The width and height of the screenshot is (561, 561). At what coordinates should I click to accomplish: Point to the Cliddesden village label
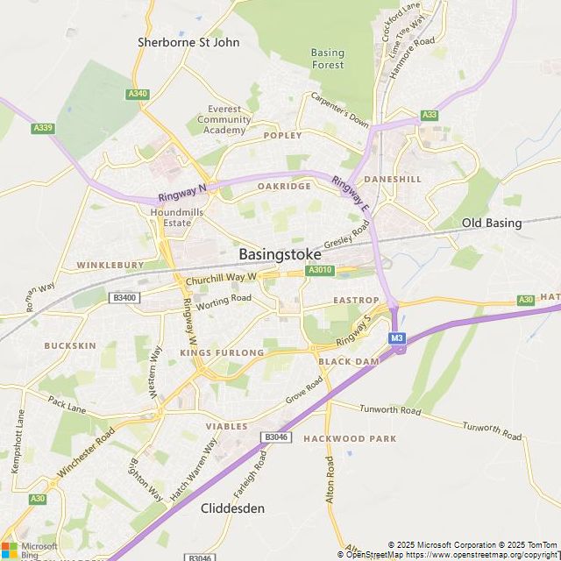pos(232,508)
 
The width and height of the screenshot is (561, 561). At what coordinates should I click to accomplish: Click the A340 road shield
pos(138,94)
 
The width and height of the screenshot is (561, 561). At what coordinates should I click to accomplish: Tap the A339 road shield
pos(43,128)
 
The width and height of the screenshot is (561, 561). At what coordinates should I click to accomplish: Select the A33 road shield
pos(429,115)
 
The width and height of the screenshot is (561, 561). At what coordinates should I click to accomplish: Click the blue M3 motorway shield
pos(397,338)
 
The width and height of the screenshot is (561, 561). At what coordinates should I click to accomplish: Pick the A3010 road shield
pos(320,271)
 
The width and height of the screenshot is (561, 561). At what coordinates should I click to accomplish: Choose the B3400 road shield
pos(124,298)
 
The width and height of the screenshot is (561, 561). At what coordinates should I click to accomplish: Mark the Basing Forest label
pos(328,59)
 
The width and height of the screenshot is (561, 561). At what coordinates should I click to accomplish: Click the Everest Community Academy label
pos(224,120)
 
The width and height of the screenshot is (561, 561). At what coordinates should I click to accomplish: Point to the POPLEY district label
pos(282,136)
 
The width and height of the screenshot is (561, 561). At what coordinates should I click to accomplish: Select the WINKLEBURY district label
pos(110,265)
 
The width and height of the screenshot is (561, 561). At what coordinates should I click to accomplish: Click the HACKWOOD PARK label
pos(350,438)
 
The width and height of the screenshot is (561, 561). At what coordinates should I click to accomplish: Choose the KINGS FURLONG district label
pos(221,352)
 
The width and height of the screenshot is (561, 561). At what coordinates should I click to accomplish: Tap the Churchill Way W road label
pos(220,280)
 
